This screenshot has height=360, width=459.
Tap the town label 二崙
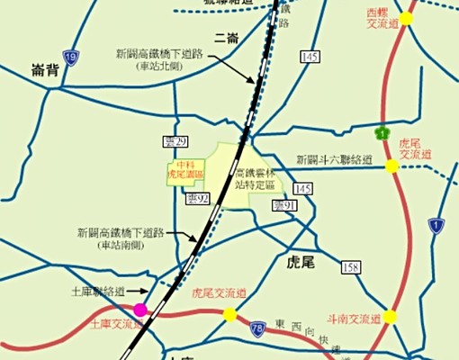tap(225, 37)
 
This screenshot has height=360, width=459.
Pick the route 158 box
tap(351, 267)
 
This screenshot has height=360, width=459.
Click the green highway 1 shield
tap(384, 133)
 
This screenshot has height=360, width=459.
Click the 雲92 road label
tap(197, 198)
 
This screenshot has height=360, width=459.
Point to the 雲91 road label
tap(284, 206)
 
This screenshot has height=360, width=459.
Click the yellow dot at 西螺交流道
tap(406, 17)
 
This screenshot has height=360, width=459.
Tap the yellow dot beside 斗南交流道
tap(391, 317)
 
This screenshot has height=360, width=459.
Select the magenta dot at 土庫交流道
tap(165, 309)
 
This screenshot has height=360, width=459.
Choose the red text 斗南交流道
tap(351, 318)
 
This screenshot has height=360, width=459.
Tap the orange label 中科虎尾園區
tap(184, 169)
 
